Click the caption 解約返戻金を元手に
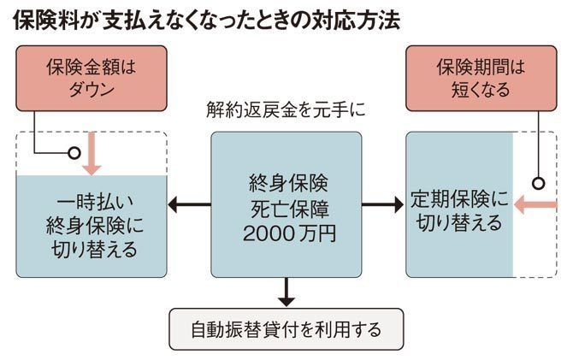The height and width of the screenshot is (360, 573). click(286, 110)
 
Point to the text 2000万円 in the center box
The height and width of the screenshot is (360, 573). click(286, 232)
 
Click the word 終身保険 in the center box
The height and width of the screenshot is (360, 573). click(286, 182)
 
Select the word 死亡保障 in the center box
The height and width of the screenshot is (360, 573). click(286, 207)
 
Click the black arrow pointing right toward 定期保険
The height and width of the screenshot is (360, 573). click(381, 205)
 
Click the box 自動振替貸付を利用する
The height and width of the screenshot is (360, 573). click(286, 329)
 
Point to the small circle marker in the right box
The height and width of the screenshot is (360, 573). click(539, 183)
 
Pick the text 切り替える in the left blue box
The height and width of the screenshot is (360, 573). click(92, 251)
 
